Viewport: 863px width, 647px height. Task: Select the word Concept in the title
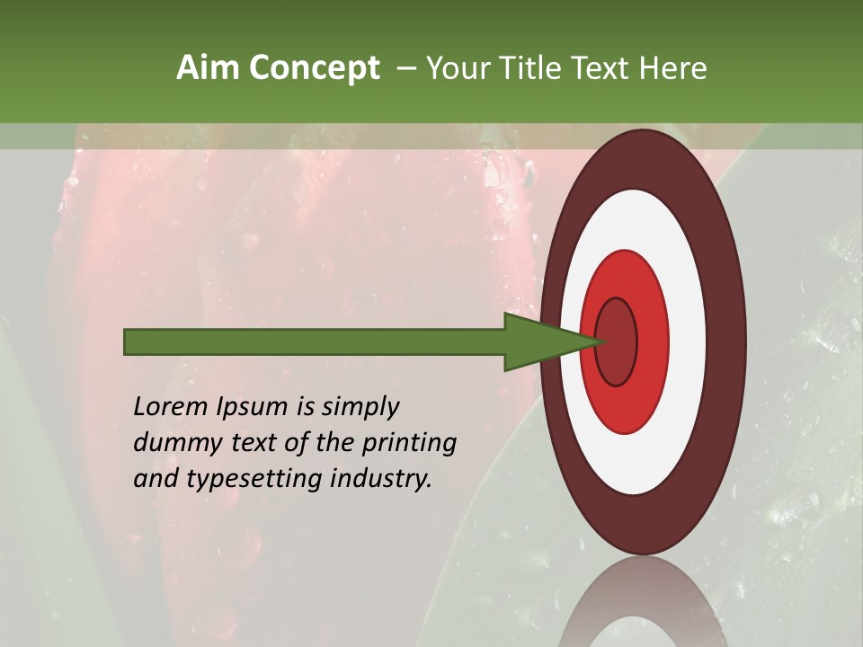pos(314,67)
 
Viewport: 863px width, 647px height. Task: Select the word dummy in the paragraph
pos(173,443)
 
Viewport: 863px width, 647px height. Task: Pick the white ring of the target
pos(688,341)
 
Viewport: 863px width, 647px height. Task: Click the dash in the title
pos(406,67)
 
